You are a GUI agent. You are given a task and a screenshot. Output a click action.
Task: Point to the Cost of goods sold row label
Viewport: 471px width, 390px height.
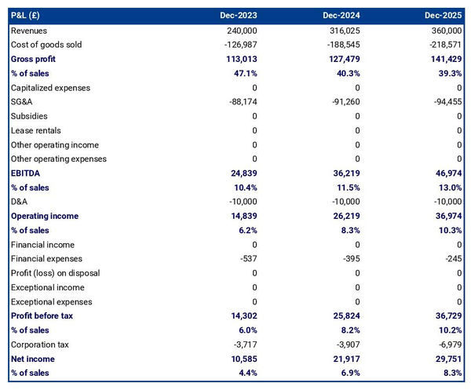46,45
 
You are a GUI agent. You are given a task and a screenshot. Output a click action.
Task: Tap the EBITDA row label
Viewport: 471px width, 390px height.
26,173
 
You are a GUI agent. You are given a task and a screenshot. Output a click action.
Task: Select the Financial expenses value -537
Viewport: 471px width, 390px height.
247,259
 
